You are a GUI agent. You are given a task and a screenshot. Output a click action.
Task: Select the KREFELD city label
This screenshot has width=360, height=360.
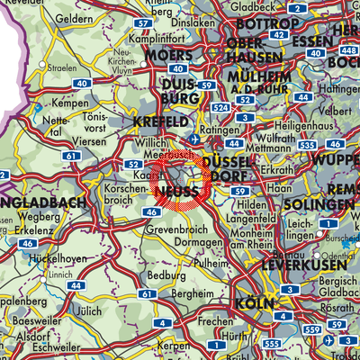[x=163, y=121]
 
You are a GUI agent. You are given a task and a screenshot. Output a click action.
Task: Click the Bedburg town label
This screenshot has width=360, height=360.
[x=157, y=275]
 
